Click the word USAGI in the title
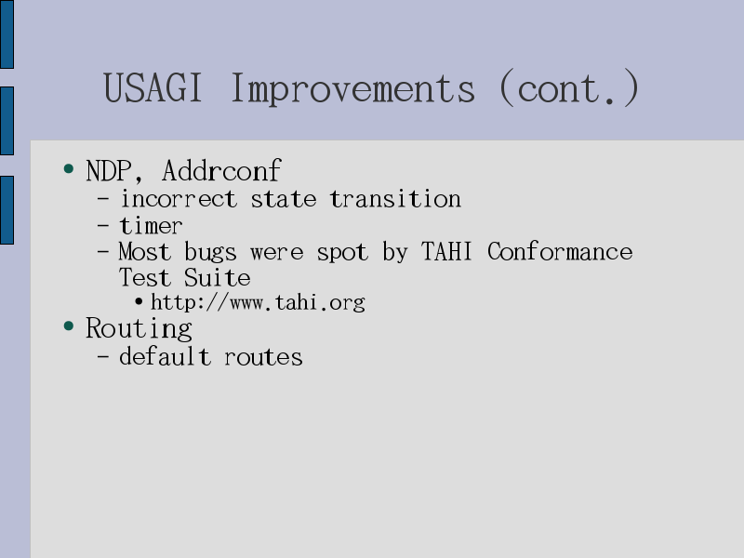coord(153,87)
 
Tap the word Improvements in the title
coord(353,89)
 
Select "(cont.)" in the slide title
coord(569,87)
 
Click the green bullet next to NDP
coord(69,168)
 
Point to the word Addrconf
coord(221,170)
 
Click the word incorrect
coord(179,199)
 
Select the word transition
coord(395,199)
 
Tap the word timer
coord(151,225)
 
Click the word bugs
coord(210,252)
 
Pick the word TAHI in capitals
coord(446,251)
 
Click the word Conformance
coord(560,251)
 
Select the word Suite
coord(217,277)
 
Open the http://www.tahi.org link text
coord(258,302)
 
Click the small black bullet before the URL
coord(139,301)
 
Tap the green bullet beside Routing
coord(69,326)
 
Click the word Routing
coord(139,329)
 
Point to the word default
coord(165,356)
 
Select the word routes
coord(263,357)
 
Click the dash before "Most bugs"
coord(103,250)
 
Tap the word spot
coord(342,252)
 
